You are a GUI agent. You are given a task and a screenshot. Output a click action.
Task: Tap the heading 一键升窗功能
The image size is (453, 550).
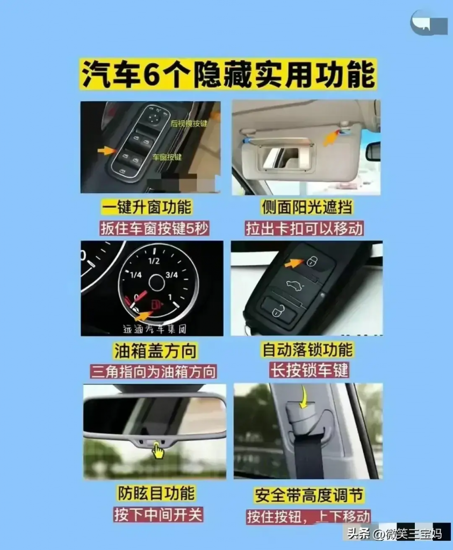point(147,207)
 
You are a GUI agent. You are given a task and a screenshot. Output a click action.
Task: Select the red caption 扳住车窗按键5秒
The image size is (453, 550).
point(154,228)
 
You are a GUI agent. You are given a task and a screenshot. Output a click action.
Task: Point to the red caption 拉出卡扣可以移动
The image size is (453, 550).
point(304,228)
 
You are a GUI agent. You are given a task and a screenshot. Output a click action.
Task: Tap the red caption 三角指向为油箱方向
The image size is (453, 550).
point(153,371)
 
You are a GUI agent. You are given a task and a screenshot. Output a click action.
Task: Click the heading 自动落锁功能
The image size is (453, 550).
point(307,350)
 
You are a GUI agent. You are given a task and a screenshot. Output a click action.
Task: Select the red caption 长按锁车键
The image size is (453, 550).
point(309,370)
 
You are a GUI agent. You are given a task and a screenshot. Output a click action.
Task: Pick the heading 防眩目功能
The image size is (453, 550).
point(156,493)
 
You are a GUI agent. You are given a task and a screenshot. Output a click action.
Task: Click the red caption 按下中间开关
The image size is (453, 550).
point(158,514)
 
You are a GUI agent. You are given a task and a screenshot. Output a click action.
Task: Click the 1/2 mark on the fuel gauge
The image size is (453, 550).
point(154,261)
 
